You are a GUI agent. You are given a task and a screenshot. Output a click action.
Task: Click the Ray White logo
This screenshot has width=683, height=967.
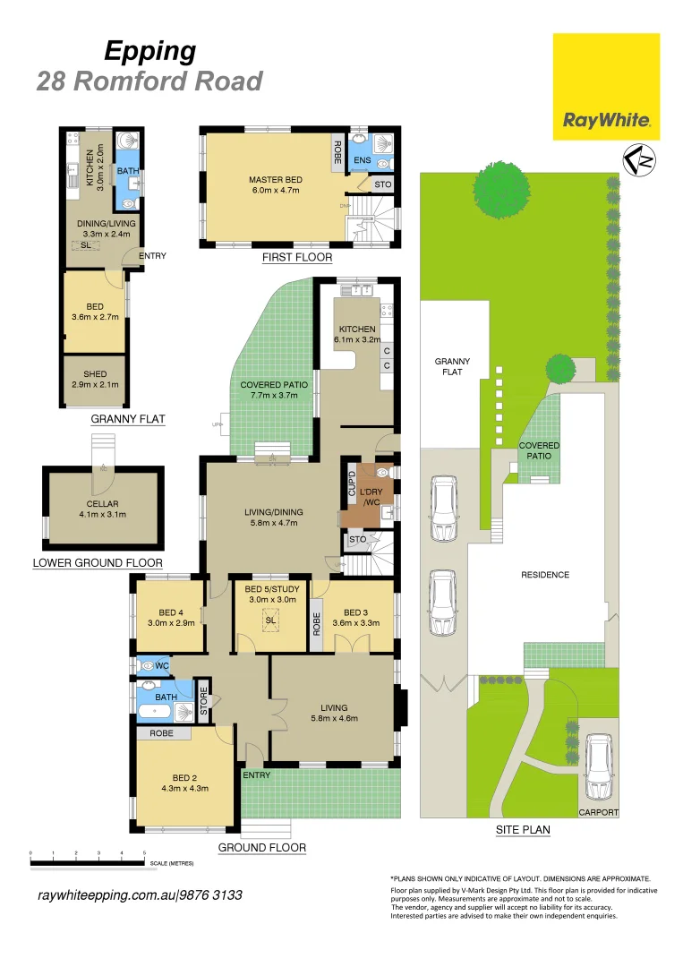pyautogui.click(x=606, y=87)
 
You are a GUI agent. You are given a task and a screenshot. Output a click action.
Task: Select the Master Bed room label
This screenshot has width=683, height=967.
pyautogui.click(x=276, y=185)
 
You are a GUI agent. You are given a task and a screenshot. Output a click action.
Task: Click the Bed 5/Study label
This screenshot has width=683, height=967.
pyautogui.click(x=269, y=594)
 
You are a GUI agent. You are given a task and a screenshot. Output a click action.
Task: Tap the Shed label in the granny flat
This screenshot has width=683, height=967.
pyautogui.click(x=95, y=380)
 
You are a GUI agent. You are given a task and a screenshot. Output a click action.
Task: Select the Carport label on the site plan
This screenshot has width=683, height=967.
pyautogui.click(x=598, y=813)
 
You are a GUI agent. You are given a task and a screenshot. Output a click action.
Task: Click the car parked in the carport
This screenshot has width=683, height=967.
pyautogui.click(x=598, y=767)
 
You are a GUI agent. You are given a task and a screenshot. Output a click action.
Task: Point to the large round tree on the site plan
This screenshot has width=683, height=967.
pyautogui.click(x=500, y=190)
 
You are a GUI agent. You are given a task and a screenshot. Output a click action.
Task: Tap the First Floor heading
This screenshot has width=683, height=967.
pyautogui.click(x=297, y=258)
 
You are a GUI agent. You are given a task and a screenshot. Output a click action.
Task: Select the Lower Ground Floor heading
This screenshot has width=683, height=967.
pyautogui.click(x=98, y=563)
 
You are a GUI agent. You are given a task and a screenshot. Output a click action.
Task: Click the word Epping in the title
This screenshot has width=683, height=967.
pyautogui.click(x=150, y=51)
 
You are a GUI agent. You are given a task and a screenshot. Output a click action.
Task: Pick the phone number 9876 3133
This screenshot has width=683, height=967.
pyautogui.click(x=211, y=895)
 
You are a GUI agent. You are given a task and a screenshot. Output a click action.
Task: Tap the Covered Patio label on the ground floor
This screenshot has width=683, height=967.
pyautogui.click(x=274, y=390)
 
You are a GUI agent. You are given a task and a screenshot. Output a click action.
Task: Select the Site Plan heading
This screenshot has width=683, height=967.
pyautogui.click(x=523, y=830)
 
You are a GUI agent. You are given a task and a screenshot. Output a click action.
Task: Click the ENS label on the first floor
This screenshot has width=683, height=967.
pyautogui.click(x=362, y=160)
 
